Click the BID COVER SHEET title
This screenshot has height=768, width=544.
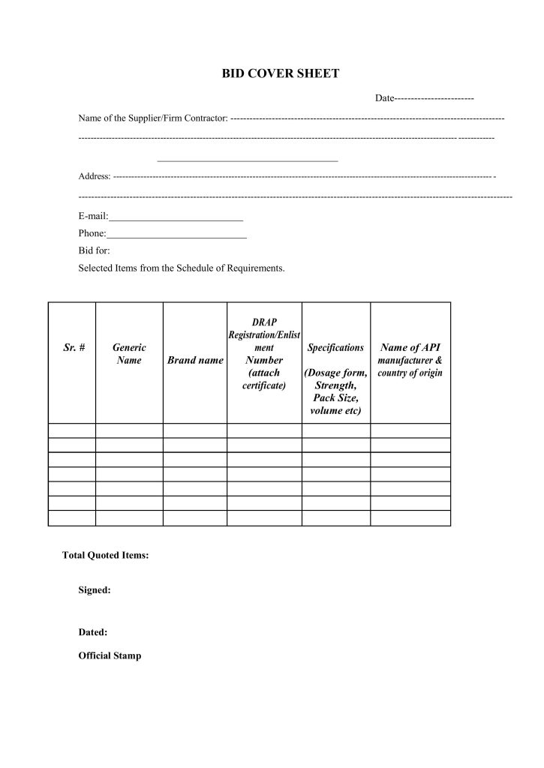(281, 73)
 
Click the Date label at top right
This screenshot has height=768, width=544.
(385, 99)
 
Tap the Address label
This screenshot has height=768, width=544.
(94, 177)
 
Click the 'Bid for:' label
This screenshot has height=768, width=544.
(94, 251)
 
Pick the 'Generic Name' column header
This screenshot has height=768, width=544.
(129, 354)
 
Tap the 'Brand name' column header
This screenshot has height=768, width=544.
(195, 361)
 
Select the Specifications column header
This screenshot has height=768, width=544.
(336, 348)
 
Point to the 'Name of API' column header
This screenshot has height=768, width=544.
(410, 348)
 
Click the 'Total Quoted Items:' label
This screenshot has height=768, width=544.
(105, 556)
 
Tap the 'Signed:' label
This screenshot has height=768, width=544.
(95, 590)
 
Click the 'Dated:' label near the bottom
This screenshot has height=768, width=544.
(93, 632)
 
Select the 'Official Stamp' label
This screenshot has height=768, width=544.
(110, 655)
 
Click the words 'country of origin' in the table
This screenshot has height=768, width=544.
(410, 373)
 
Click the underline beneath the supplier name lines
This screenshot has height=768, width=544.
(248, 161)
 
